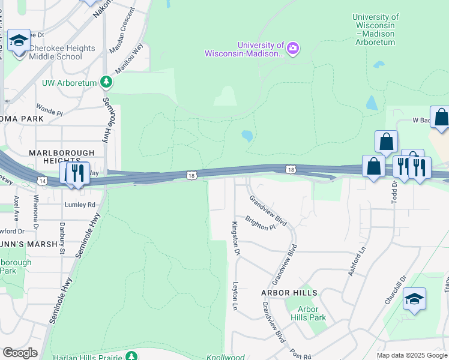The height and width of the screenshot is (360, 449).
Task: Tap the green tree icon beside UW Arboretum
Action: pyautogui.click(x=106, y=81)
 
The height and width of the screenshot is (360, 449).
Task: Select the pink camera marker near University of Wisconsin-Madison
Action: pyautogui.click(x=293, y=48)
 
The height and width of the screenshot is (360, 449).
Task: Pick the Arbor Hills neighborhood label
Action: pyautogui.click(x=289, y=293)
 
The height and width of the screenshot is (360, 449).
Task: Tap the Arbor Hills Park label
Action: pyautogui.click(x=308, y=313)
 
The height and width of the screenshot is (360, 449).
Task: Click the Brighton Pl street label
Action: pyautogui.click(x=260, y=223)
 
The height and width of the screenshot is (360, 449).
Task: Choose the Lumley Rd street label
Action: pyautogui.click(x=80, y=205)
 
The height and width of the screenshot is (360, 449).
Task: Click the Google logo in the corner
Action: pyautogui.click(x=20, y=353)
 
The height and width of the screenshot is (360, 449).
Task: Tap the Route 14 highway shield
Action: pyautogui.click(x=41, y=181)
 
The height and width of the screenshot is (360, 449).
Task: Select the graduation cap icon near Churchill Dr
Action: pyautogui.click(x=414, y=299)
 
